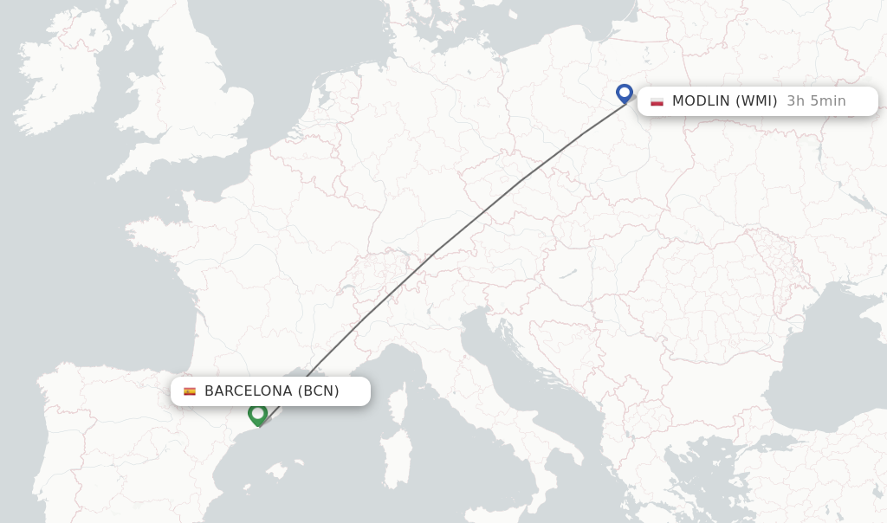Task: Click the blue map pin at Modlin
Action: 624,92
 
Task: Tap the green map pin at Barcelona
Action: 257,414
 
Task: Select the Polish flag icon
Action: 657,101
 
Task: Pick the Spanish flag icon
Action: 190,391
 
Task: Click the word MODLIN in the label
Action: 701,101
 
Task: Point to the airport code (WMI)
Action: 756,101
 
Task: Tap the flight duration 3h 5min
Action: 816,101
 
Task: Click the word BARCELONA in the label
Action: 249,391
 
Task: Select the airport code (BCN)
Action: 318,391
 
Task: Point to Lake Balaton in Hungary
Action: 567,274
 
